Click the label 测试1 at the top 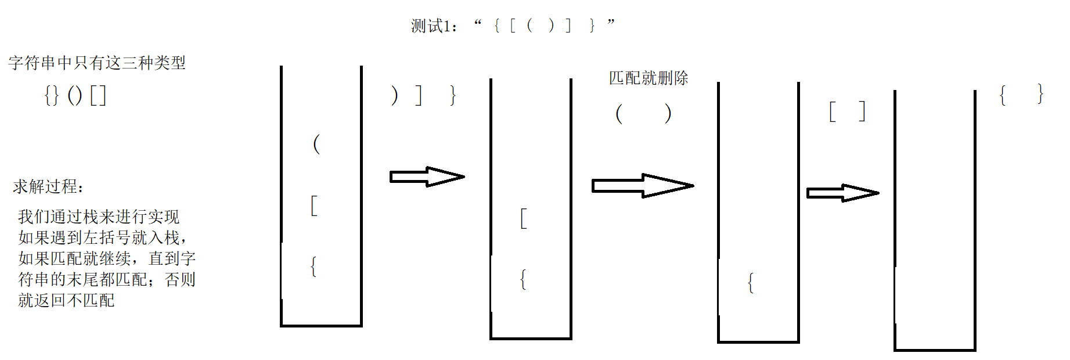pos(431,26)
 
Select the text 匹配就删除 pos(649,78)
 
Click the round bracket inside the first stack pos(316,143)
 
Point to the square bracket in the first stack pos(314,206)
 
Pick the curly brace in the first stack pos(314,267)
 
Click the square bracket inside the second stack pos(524,218)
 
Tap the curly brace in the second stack pos(523,279)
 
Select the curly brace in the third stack pos(751,283)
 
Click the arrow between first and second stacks pos(427,177)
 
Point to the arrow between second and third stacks pos(642,186)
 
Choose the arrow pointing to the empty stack pos(842,193)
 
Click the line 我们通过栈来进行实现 pos(99,217)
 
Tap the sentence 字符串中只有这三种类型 pos(97,63)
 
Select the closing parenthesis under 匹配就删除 pos(668,113)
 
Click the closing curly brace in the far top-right pos(1040,94)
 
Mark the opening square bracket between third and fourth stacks pos(833,111)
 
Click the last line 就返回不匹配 pos(66,300)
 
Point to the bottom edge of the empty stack pos(935,350)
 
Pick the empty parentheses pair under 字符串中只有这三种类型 pos(75,95)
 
